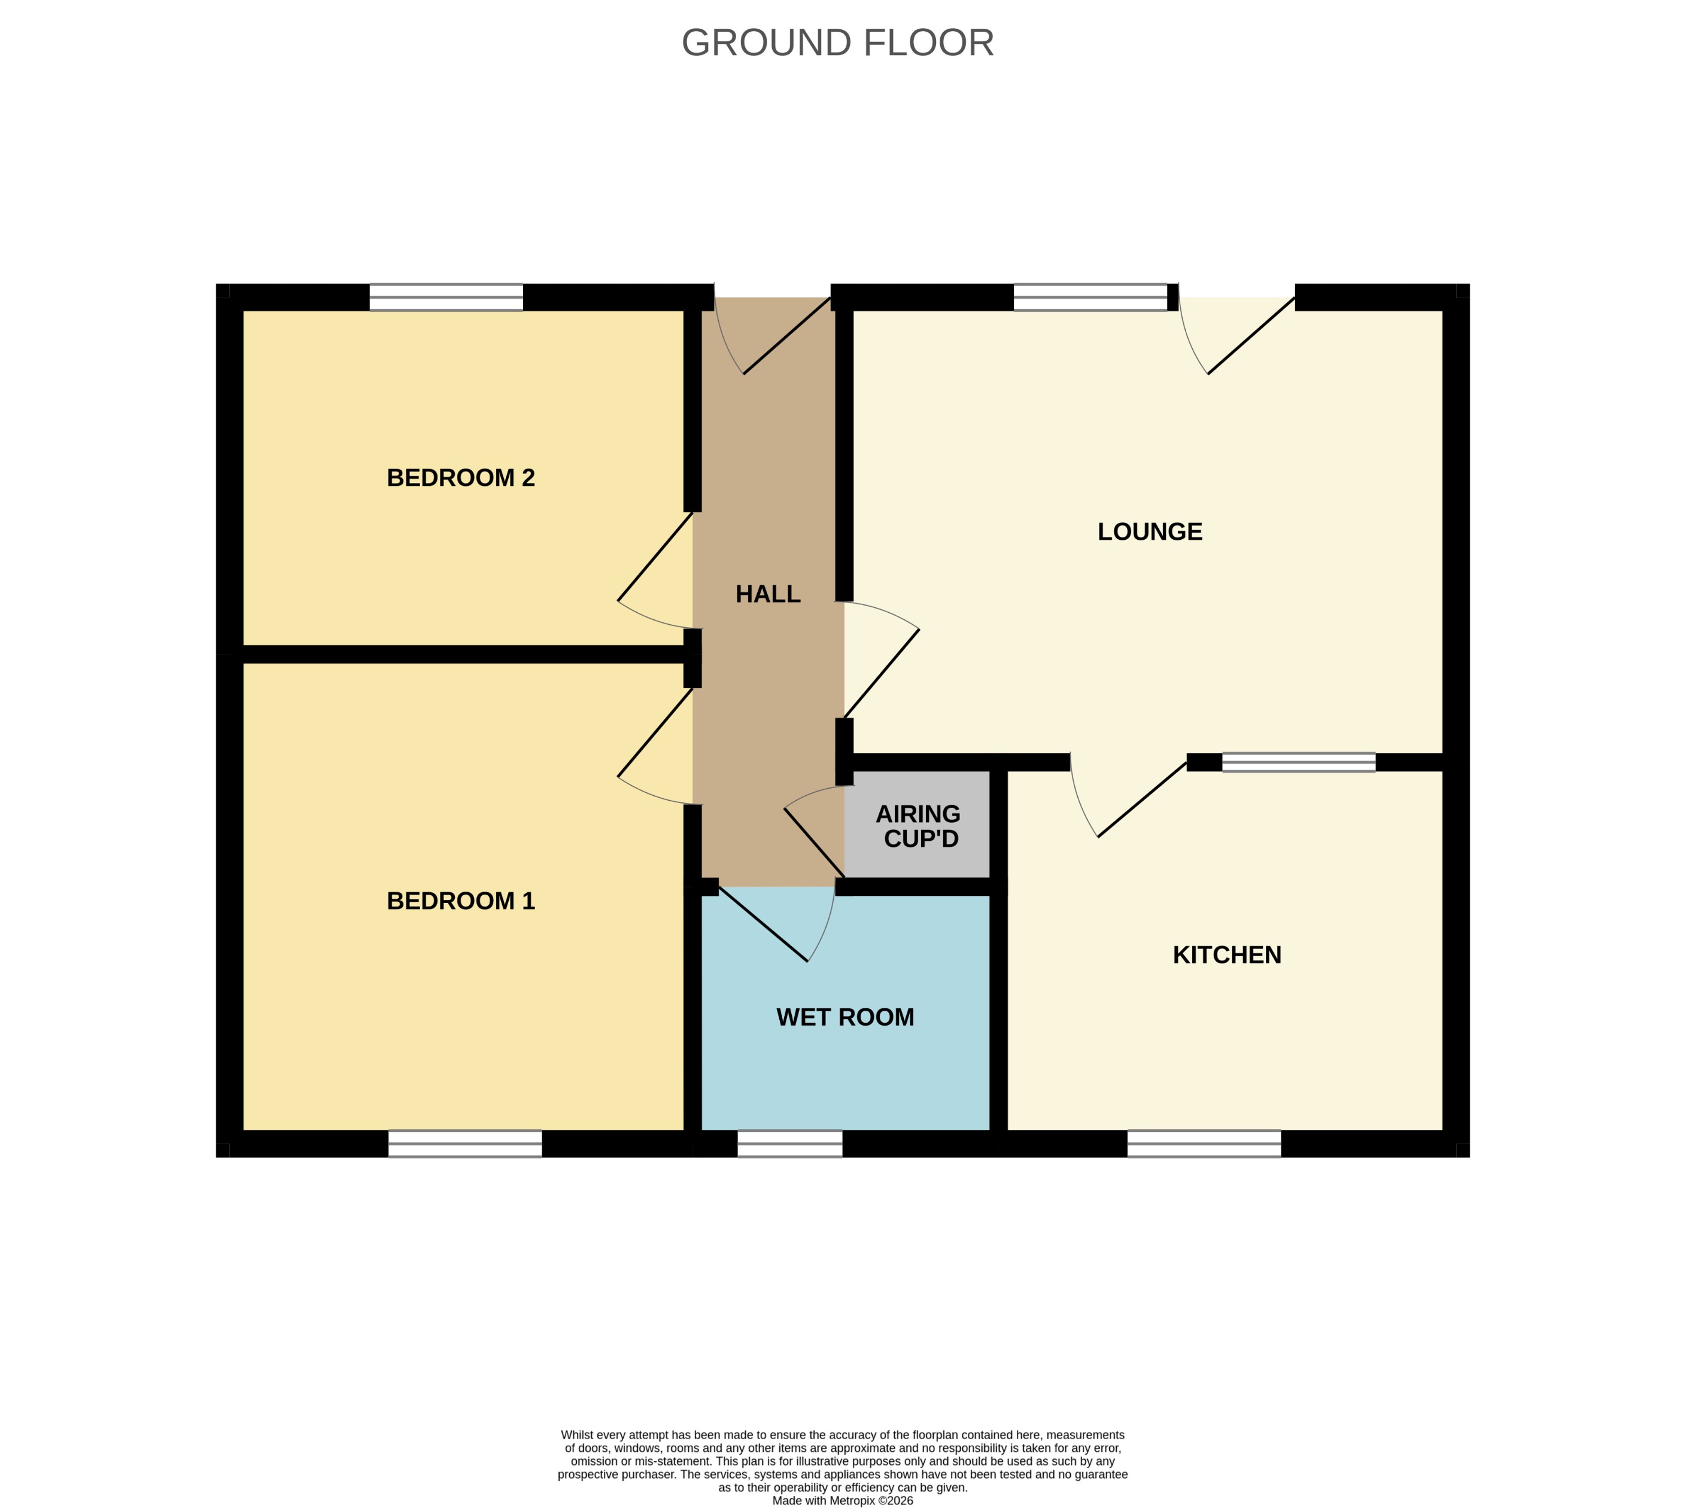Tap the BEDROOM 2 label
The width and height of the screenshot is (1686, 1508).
point(461,478)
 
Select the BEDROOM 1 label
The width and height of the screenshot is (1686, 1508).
point(461,901)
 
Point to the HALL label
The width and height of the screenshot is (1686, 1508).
point(767,594)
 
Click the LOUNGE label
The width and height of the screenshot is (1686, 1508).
point(1149,532)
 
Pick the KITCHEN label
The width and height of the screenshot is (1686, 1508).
point(1226,955)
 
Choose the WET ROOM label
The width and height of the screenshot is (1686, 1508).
point(844,1017)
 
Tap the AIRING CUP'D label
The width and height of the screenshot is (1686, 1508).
point(919,826)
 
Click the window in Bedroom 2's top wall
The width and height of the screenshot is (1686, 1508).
point(446,297)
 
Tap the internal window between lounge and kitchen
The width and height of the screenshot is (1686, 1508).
point(1298,762)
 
